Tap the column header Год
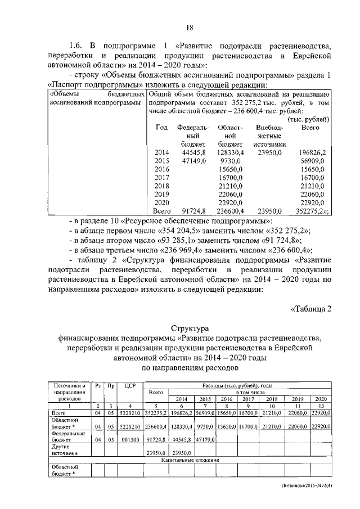tap(161, 128)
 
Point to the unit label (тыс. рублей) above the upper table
tap(308, 119)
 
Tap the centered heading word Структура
tap(190, 328)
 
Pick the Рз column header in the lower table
tap(98, 386)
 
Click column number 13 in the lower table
tap(321, 406)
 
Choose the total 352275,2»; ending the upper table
tap(312, 211)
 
